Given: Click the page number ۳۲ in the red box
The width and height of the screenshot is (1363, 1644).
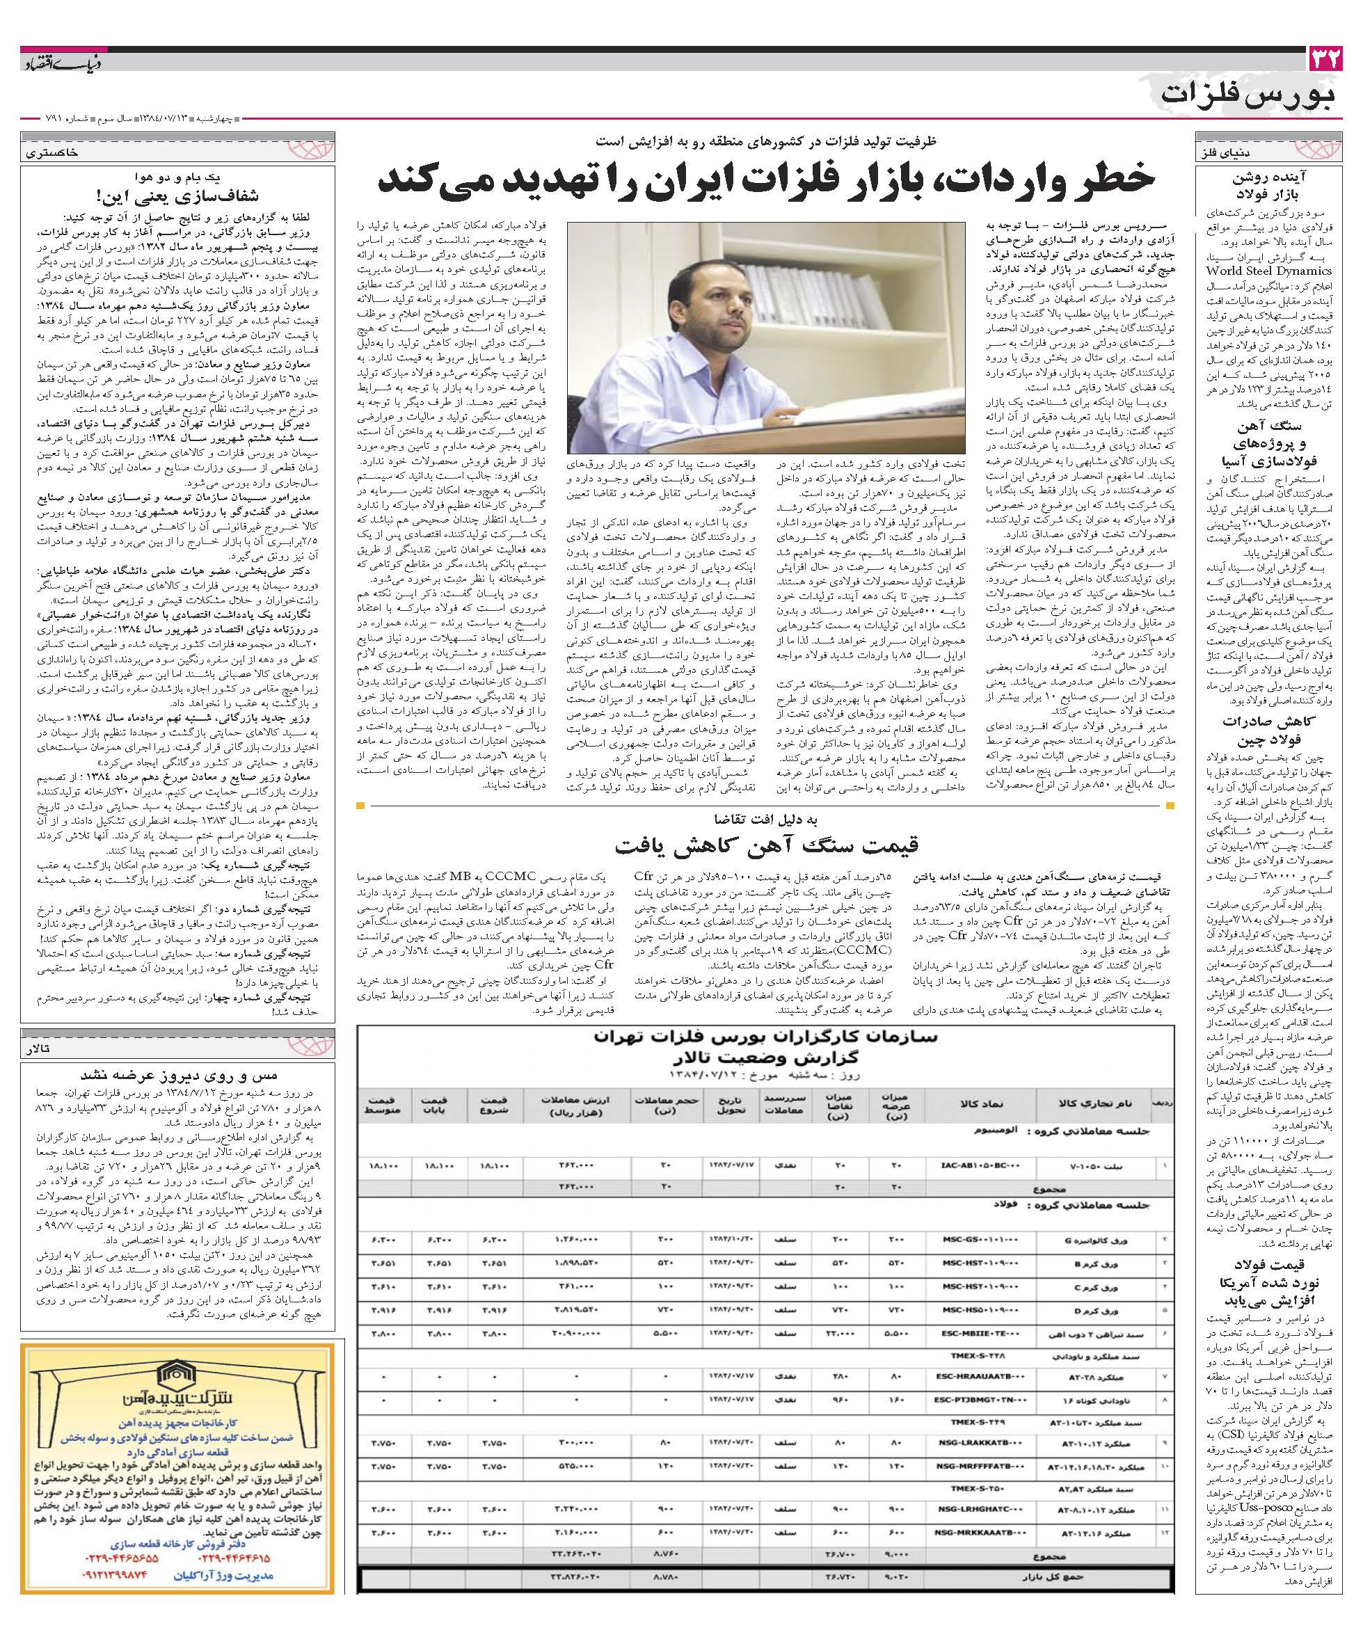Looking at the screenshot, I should [x=1325, y=60].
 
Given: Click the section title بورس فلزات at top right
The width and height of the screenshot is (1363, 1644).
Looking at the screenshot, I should [x=1249, y=96].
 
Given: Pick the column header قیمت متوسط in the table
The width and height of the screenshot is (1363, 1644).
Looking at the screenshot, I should [x=381, y=1105].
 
